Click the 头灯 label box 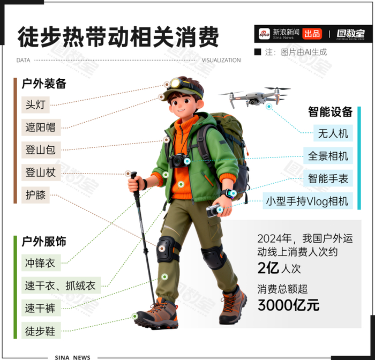point(35,105)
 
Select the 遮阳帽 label point(41,127)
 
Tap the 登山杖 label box point(41,172)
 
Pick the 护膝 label point(35,195)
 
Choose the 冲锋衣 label point(41,262)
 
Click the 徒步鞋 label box point(41,331)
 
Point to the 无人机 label point(333,133)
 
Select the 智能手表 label point(328,178)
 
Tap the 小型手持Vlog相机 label point(308,201)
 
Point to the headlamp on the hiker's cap point(176,83)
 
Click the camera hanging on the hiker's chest point(178,161)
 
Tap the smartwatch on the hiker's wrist point(229,193)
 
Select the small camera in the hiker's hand point(213,210)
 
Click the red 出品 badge point(312,34)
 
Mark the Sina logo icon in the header point(264,34)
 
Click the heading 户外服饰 point(44,242)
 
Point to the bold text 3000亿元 point(288,305)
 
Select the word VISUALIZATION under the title point(221,61)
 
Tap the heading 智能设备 point(331,112)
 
